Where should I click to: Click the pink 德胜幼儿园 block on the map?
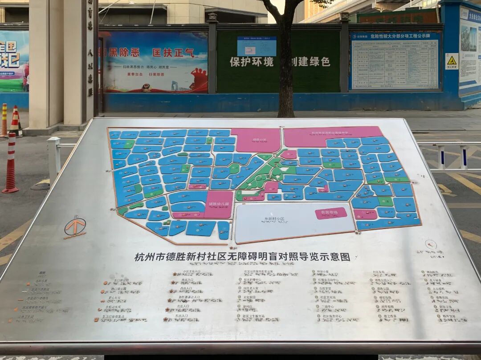[218, 204]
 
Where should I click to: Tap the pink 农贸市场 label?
[330, 213]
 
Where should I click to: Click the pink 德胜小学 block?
[256, 140]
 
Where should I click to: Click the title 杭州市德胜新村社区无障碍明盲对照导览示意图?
[242, 257]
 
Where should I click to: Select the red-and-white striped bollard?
[10, 163]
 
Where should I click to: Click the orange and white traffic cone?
[15, 121]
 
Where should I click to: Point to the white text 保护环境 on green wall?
[252, 62]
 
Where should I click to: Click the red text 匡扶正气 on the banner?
[173, 53]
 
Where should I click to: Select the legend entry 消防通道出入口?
[189, 297]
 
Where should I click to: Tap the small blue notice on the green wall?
[257, 46]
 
